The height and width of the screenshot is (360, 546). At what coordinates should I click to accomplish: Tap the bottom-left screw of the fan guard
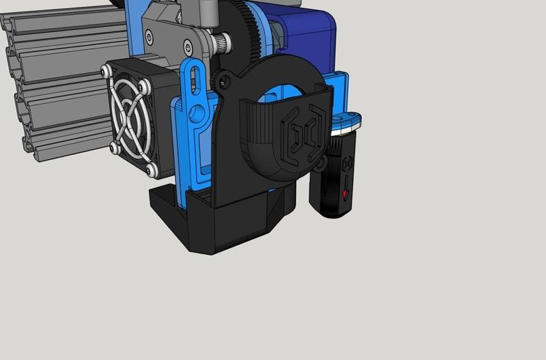point(112,146)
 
